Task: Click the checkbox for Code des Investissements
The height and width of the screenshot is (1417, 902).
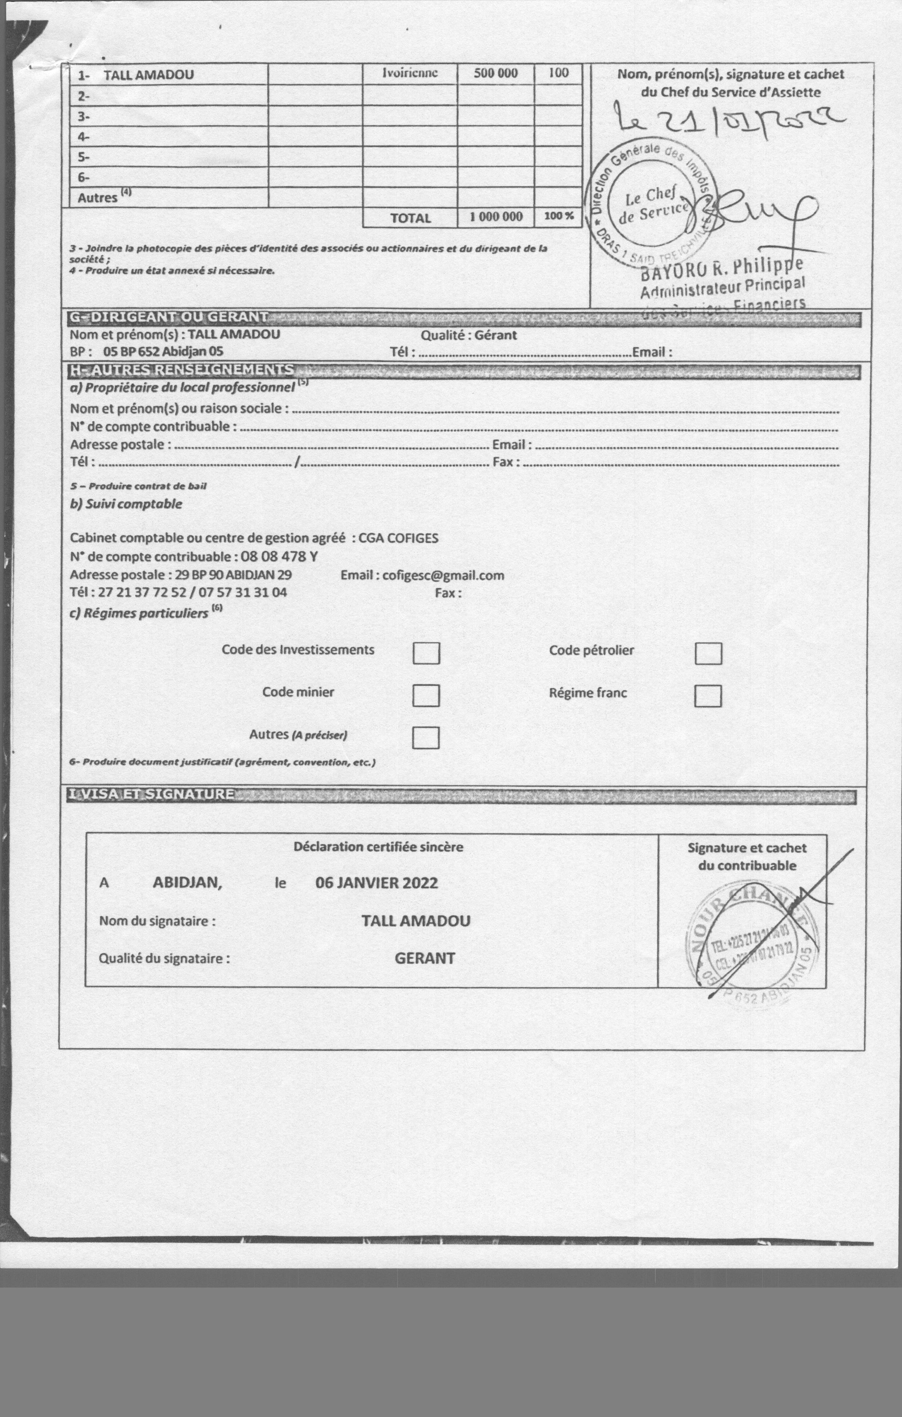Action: point(426,653)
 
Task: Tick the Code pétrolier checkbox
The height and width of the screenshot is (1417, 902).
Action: point(708,653)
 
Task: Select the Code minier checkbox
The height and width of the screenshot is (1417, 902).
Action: point(426,695)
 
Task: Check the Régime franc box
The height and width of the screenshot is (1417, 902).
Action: point(708,696)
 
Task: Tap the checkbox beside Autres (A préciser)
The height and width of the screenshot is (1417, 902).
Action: point(426,737)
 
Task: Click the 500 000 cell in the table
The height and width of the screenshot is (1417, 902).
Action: point(496,73)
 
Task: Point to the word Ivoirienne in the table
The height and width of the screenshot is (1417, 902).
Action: point(410,73)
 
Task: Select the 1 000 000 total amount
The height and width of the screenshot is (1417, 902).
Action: point(496,217)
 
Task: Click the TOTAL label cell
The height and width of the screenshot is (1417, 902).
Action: point(410,218)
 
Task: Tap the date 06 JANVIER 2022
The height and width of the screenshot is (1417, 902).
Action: point(376,883)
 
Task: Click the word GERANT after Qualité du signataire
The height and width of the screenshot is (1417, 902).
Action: point(424,958)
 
